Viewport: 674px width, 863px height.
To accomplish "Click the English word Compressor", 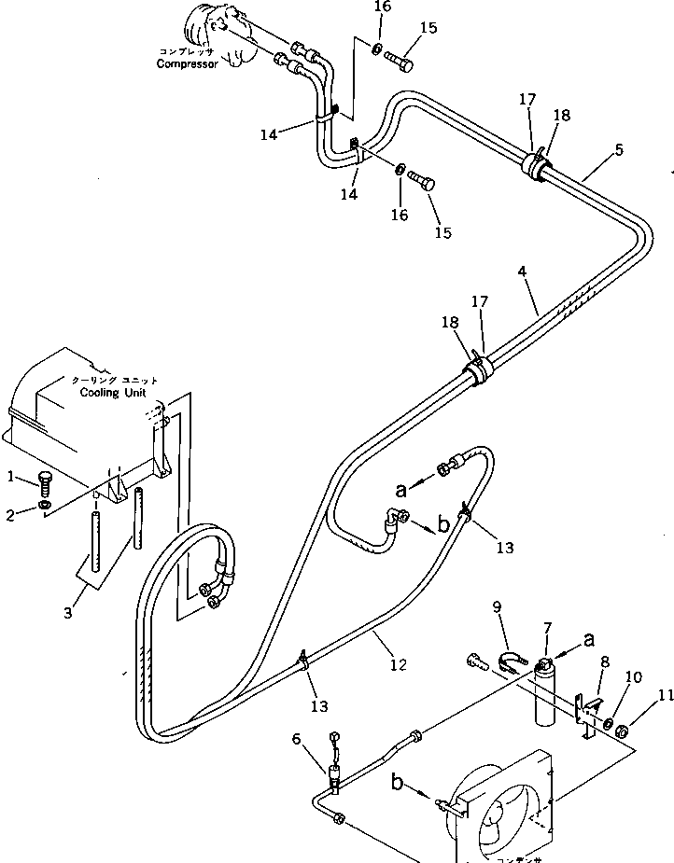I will pyautogui.click(x=187, y=64).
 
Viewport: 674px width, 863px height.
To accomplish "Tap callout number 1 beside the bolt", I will pyautogui.click(x=11, y=477).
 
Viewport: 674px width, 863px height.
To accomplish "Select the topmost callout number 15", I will pyautogui.click(x=428, y=28).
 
